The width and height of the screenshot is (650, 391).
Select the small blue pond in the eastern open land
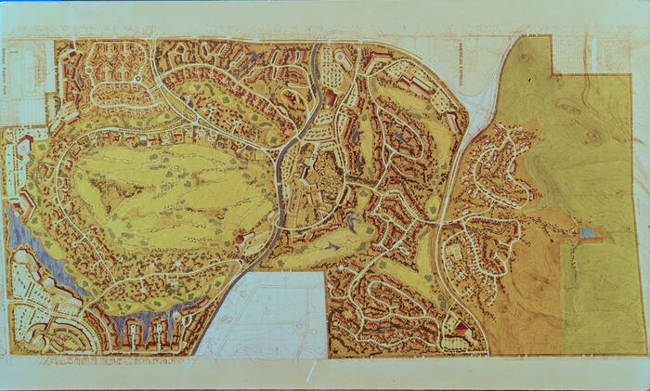587,232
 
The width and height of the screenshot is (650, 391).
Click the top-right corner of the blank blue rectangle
326,273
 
